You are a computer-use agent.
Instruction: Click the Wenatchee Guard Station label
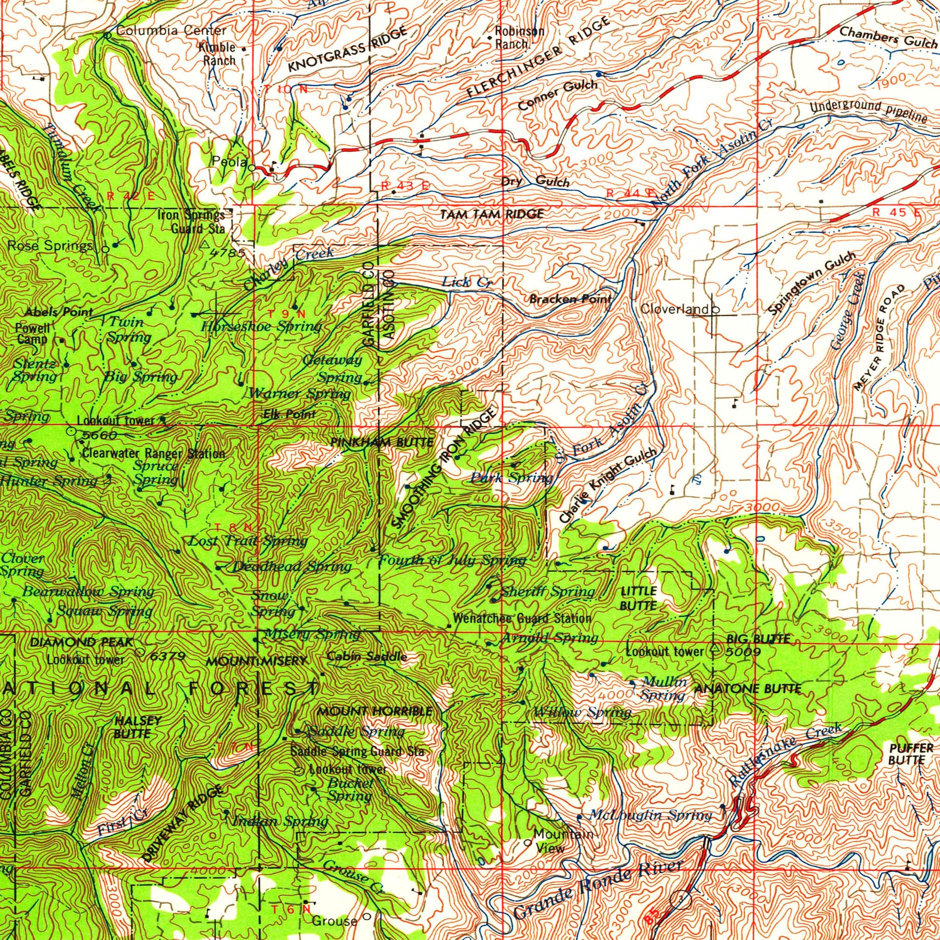(522, 619)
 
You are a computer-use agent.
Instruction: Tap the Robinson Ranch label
(519, 37)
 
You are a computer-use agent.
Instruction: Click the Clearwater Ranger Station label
(154, 454)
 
